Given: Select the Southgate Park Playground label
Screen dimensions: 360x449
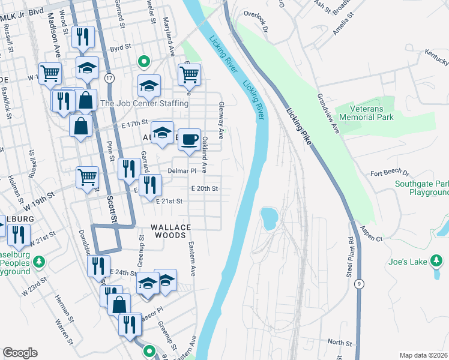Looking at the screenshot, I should pyautogui.click(x=421, y=188).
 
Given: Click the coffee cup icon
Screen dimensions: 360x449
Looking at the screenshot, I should pyautogui.click(x=190, y=140).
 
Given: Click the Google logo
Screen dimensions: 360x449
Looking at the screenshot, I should pyautogui.click(x=20, y=352).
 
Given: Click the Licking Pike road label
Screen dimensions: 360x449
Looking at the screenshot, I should pyautogui.click(x=298, y=127).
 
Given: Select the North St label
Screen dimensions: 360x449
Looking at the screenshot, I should pyautogui.click(x=340, y=342).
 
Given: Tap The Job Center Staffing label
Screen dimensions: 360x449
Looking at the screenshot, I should pyautogui.click(x=144, y=103).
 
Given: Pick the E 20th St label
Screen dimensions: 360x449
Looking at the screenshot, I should pyautogui.click(x=204, y=188).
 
